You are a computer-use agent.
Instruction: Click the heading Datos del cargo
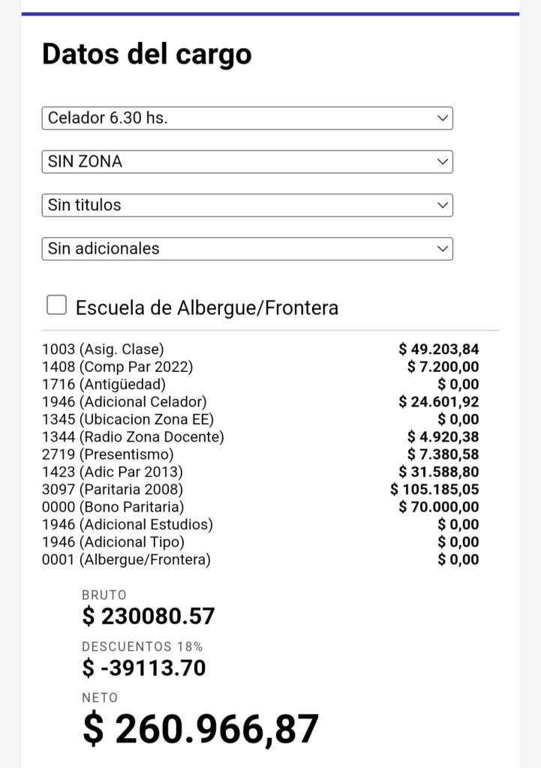coord(147,54)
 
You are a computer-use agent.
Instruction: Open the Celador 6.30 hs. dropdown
coord(247,118)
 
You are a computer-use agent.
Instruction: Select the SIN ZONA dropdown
coord(247,161)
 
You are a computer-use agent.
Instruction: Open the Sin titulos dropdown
coord(247,205)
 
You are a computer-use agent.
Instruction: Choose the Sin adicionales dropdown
coord(247,248)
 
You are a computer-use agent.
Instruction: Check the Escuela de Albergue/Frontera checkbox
coord(57,304)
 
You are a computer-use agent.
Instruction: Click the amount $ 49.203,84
coord(439,349)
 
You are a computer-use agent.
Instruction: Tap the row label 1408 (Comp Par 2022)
coord(117,367)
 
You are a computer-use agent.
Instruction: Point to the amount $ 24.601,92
coord(439,402)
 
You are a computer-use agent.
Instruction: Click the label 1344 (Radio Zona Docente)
coord(133,436)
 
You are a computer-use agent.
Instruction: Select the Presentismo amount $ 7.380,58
coord(443,454)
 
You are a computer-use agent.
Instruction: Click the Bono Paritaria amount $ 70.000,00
coord(439,507)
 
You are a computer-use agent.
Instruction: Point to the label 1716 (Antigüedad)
coord(104,385)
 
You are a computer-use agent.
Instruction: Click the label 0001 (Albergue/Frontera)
coord(126,559)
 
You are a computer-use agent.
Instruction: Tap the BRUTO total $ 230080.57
coord(149,616)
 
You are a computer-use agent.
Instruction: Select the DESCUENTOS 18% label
coord(142,646)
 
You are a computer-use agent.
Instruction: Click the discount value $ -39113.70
coord(143,667)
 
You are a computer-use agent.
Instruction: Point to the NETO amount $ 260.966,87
coord(200,729)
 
